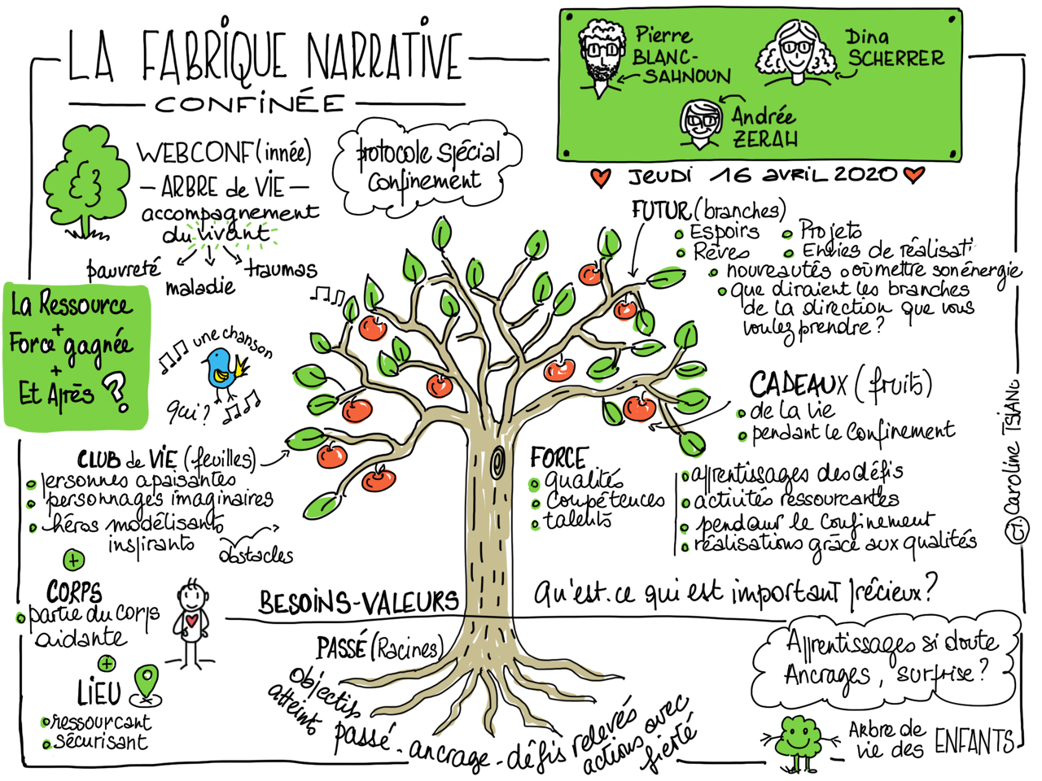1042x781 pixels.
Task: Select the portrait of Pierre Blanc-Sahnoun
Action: [602, 55]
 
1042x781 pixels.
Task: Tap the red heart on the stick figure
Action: [192, 621]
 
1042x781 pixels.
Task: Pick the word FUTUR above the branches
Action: [659, 211]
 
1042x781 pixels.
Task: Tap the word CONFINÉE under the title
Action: [250, 104]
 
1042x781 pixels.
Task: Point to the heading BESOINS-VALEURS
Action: [358, 603]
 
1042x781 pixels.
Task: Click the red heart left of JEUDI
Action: [600, 177]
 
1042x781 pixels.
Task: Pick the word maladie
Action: [200, 287]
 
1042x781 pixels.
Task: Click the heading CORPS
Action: [74, 591]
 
